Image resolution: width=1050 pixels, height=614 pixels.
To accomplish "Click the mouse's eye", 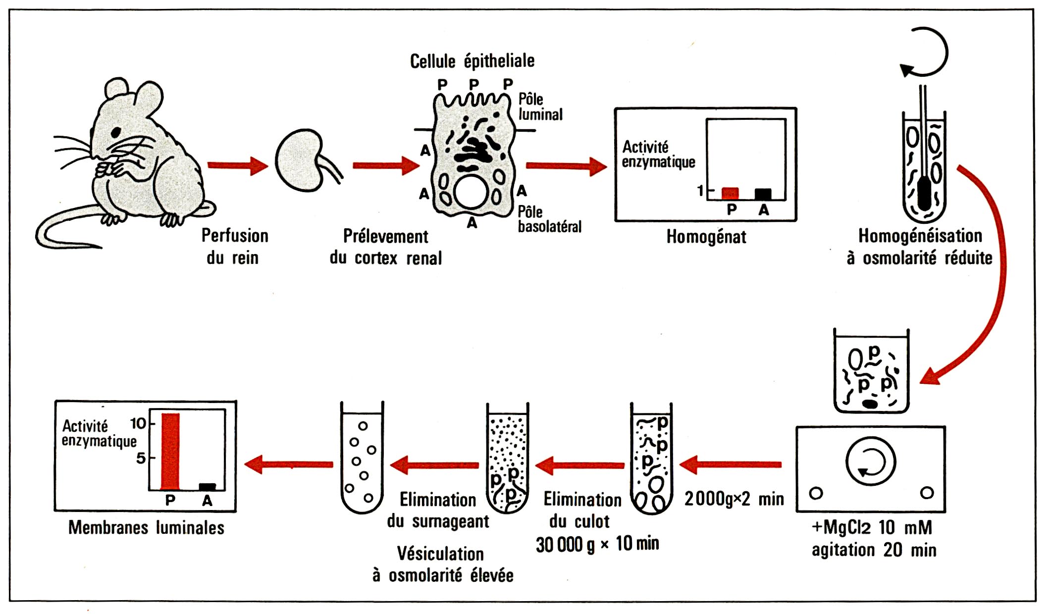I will (116, 132).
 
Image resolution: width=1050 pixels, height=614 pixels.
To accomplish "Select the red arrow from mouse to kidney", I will (237, 165).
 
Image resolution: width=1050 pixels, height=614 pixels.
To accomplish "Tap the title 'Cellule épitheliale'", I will (472, 61).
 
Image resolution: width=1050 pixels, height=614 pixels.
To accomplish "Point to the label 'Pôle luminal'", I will (540, 107).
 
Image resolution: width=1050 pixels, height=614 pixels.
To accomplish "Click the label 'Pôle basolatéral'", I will (549, 219).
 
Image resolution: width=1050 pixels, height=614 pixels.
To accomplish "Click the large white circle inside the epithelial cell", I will (471, 192).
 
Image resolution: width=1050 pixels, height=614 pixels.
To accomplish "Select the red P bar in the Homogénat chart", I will (730, 193).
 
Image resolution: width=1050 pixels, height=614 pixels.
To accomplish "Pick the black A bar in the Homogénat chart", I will (763, 194).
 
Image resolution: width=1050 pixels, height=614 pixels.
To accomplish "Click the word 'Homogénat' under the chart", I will (706, 237).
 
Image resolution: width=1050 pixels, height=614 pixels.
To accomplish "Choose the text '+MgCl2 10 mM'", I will (872, 527).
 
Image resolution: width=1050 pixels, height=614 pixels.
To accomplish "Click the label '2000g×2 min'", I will (734, 499).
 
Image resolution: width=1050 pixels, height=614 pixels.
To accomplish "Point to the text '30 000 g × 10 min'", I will (597, 544).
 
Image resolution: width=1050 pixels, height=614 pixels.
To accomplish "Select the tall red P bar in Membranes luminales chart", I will (170, 451).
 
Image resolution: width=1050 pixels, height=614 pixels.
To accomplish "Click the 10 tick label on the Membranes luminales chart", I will (138, 423).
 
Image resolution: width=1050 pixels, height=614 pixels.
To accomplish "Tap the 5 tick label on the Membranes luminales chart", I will (141, 458).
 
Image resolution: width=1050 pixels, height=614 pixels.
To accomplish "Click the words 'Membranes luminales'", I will (146, 528).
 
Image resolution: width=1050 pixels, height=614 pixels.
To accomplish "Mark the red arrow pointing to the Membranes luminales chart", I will (289, 464).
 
